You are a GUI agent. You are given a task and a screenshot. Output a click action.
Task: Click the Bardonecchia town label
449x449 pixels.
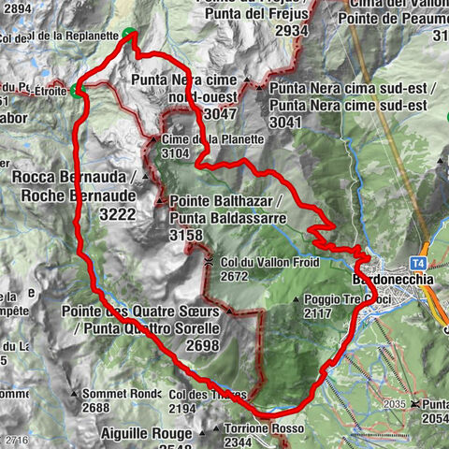pos(392,280)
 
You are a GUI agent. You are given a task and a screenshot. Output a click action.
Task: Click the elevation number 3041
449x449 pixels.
pos(286,122)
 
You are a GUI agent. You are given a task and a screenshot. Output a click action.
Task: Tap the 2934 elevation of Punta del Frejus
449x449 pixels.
pos(292,31)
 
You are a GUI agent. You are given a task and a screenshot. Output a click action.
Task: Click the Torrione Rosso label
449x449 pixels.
pos(256,428)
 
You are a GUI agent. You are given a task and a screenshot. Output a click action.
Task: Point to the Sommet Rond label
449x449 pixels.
pos(122,393)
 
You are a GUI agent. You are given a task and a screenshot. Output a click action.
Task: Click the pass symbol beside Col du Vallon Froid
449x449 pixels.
pos(210,262)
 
